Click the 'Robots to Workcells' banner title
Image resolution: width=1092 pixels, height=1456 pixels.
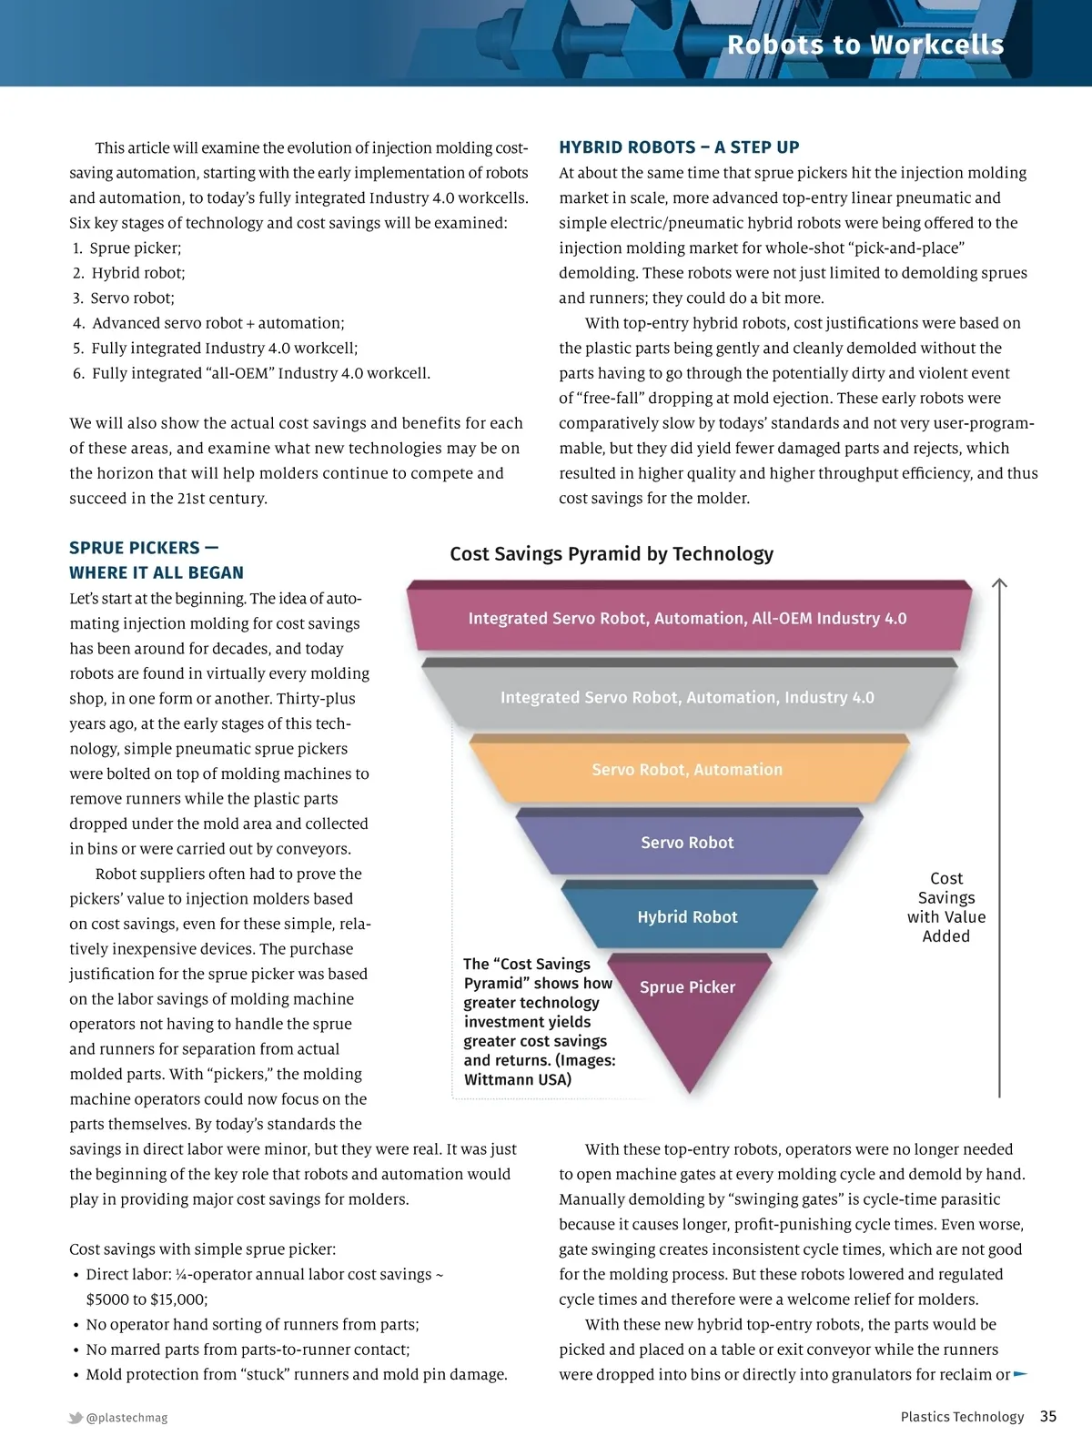tap(864, 45)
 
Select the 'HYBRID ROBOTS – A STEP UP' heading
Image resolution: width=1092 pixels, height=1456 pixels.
tap(679, 147)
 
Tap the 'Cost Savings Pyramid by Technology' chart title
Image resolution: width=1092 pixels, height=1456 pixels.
tap(612, 554)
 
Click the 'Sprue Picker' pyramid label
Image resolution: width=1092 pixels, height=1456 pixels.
tap(687, 987)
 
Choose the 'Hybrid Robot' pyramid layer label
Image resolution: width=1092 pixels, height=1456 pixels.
tap(687, 917)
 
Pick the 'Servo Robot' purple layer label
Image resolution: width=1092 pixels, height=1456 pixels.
tap(687, 843)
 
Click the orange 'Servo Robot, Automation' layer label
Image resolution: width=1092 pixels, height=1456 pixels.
tap(687, 770)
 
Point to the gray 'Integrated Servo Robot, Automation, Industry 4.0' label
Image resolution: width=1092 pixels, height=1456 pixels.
tap(687, 698)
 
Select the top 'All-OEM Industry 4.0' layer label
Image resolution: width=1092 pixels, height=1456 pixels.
tap(687, 619)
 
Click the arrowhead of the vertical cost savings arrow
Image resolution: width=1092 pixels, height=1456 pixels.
tap(999, 583)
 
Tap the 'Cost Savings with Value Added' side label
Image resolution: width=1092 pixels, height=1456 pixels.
tap(946, 907)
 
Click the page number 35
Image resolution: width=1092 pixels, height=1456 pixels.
tap(1048, 1417)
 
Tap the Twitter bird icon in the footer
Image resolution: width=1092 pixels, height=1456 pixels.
tap(76, 1418)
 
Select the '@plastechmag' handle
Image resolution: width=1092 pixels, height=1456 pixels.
tap(126, 1418)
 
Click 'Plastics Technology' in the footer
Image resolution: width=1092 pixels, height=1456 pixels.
tap(962, 1417)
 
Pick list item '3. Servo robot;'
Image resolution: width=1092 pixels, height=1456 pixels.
tap(124, 298)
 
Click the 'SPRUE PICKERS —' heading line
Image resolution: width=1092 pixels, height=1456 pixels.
tap(144, 548)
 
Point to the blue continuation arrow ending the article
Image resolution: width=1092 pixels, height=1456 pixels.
tap(1020, 1374)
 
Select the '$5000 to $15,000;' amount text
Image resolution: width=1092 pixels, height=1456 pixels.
tap(147, 1299)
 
